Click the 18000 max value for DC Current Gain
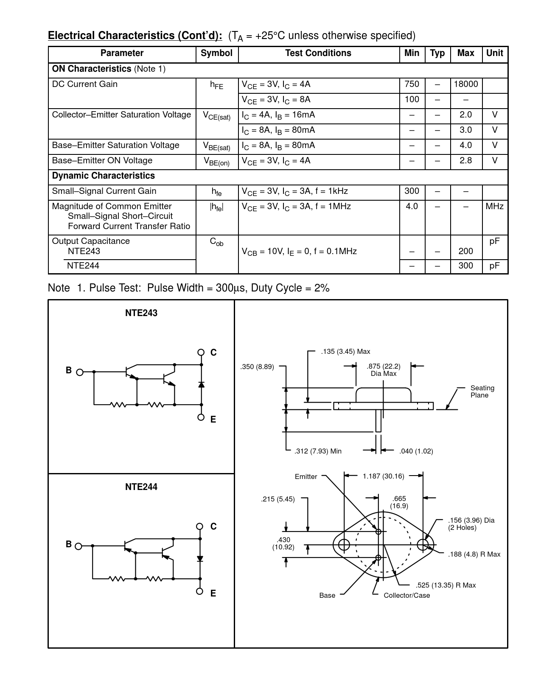tap(466, 84)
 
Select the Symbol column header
tap(216, 53)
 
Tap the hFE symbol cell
tap(216, 85)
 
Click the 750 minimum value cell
tap(412, 84)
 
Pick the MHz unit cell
tap(494, 207)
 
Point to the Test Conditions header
tap(318, 53)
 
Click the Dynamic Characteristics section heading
tap(104, 176)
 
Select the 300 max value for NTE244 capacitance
tap(465, 266)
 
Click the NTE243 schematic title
tap(141, 313)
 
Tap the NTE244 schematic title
tap(141, 487)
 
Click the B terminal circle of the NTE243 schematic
tap(79, 372)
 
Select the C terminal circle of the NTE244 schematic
tap(200, 526)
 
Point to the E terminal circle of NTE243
tap(201, 417)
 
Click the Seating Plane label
tap(482, 392)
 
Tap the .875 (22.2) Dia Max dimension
tap(384, 370)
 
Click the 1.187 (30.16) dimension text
tap(383, 476)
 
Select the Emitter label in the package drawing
tap(306, 477)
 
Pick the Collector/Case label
tap(406, 596)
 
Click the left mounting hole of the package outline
tap(344, 544)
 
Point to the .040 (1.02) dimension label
tap(416, 451)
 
